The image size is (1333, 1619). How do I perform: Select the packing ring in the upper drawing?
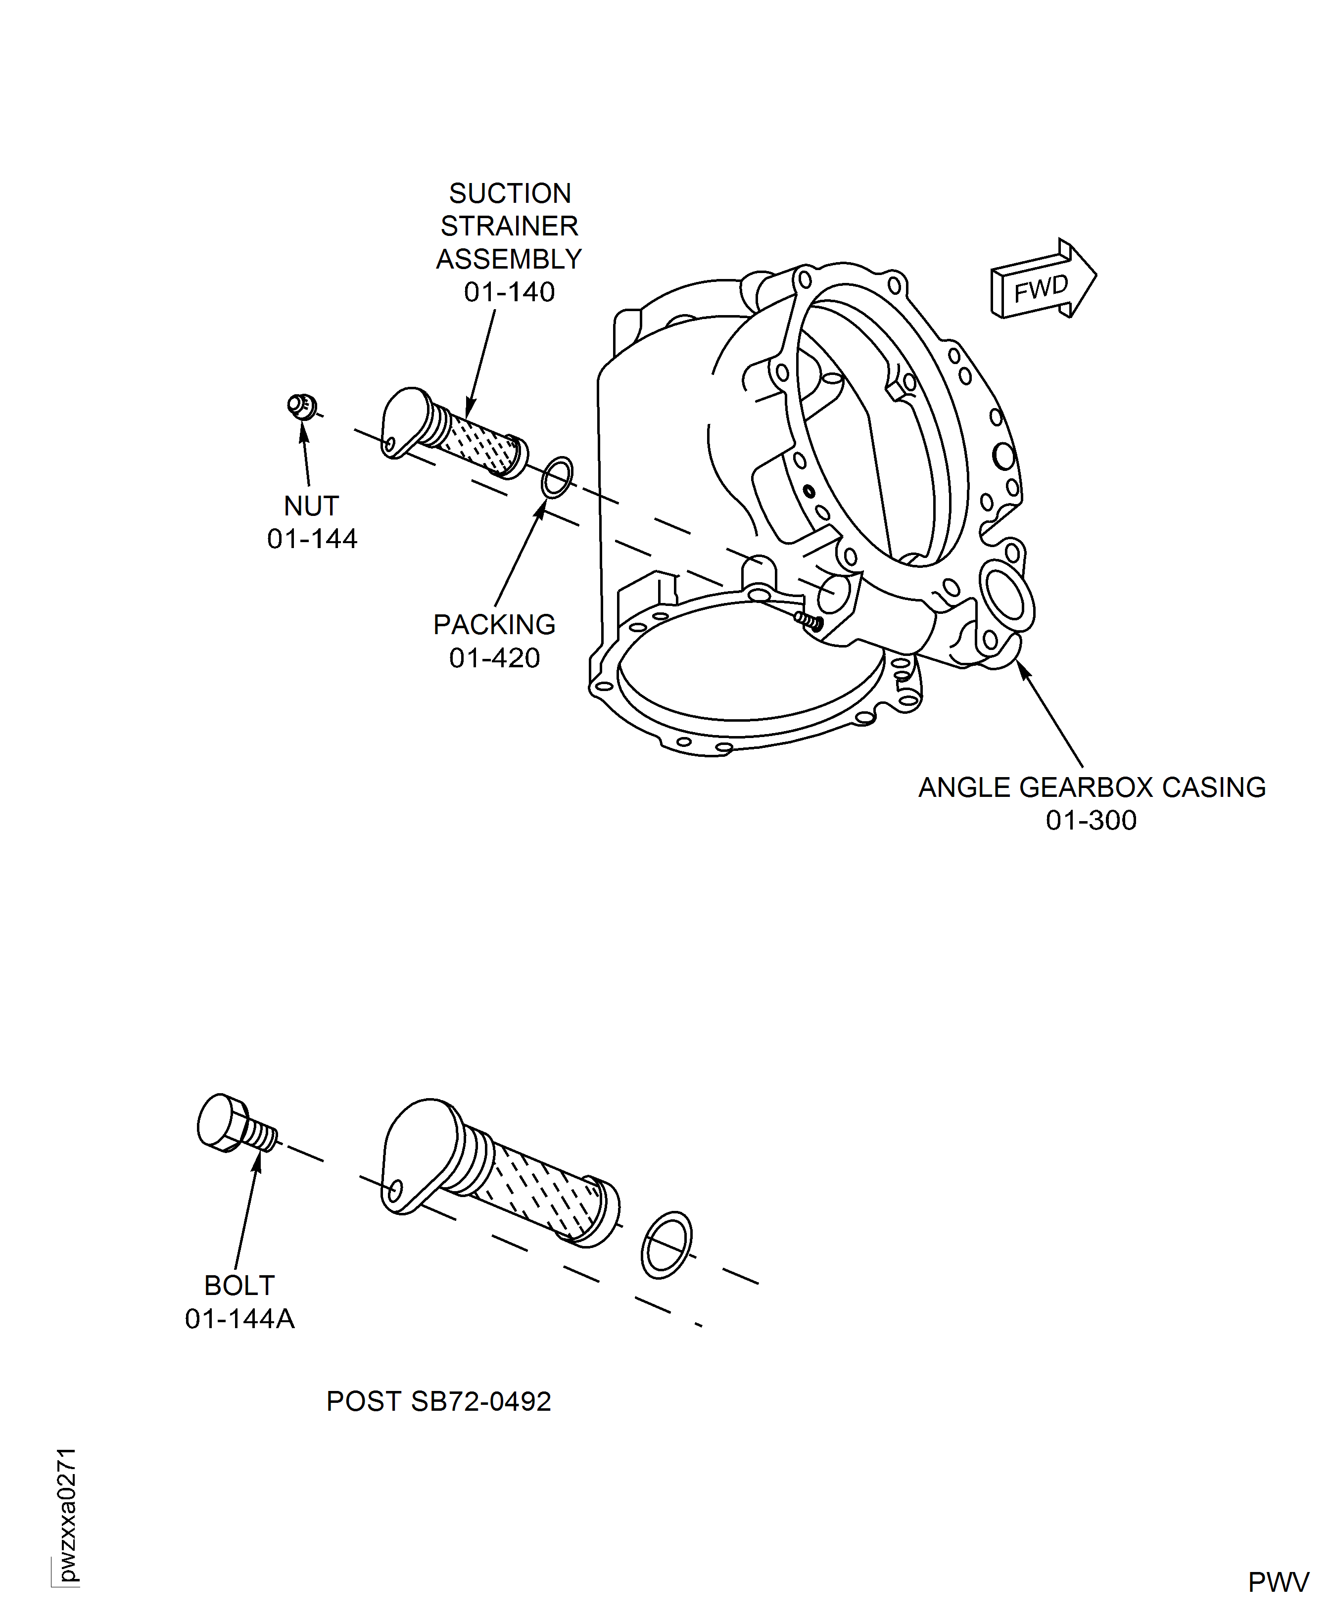(x=557, y=477)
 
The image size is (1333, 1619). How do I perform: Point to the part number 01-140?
(x=509, y=292)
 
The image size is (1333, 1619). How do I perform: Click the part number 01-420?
(x=494, y=658)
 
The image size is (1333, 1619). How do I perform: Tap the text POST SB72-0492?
(x=438, y=1402)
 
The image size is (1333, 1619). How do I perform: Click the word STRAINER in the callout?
(x=509, y=227)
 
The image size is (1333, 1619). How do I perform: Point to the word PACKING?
(x=494, y=625)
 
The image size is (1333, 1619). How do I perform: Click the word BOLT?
(x=239, y=1286)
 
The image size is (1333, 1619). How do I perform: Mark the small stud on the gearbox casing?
(x=809, y=620)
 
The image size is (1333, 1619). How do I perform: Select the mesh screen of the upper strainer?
(x=478, y=444)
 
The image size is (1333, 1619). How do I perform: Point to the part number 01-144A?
(x=239, y=1319)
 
